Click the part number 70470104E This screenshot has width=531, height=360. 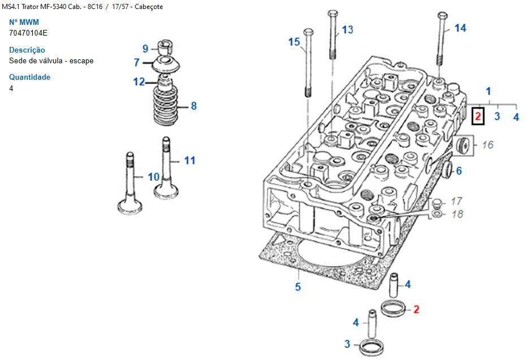tap(28, 33)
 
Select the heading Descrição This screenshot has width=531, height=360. tap(27, 50)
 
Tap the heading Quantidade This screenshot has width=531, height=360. tap(30, 77)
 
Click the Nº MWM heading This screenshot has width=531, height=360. tap(24, 23)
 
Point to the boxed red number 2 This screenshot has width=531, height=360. tap(478, 116)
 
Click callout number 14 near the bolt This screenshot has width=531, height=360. tap(460, 28)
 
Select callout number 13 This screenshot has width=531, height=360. tap(347, 30)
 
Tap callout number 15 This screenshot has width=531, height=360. tap(294, 42)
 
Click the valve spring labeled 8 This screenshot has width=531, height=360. tap(166, 106)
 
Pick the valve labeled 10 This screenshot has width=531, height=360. tap(130, 184)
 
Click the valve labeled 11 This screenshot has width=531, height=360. tap(166, 168)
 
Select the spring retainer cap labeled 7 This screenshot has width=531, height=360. tap(165, 64)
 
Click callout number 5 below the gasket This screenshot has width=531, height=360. tap(297, 287)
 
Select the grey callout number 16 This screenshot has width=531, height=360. tap(487, 145)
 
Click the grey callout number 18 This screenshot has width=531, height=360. tap(457, 214)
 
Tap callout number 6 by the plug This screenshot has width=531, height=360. tap(459, 171)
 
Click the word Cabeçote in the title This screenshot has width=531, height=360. tap(149, 7)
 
